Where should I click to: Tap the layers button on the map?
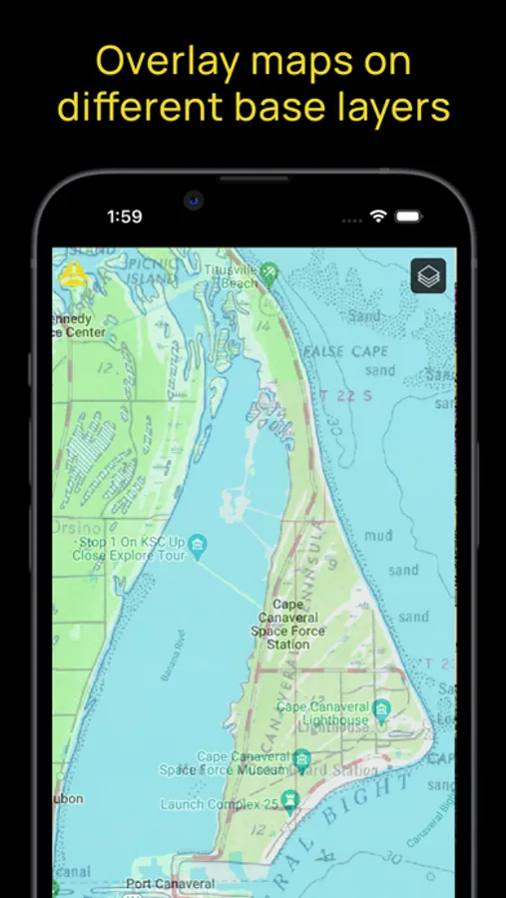[428, 276]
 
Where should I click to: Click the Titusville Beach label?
[232, 276]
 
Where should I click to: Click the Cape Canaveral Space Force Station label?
[288, 625]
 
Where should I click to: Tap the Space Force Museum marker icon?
[301, 763]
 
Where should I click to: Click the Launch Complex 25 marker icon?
[290, 800]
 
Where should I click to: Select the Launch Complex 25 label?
[221, 804]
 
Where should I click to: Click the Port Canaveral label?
[170, 884]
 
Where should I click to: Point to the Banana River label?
[171, 656]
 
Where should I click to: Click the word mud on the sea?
[378, 536]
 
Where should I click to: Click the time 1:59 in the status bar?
[125, 216]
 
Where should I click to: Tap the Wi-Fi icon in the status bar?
[377, 216]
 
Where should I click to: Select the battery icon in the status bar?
[408, 216]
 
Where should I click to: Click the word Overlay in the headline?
[160, 62]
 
